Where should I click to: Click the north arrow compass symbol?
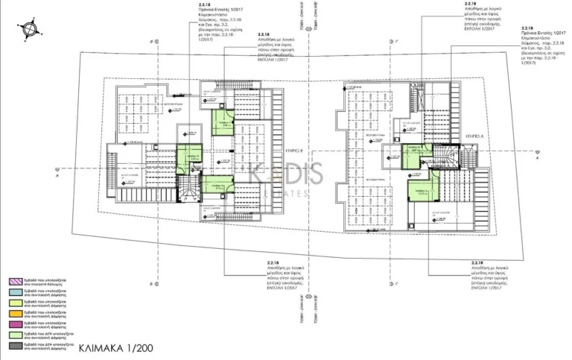coord(30,29)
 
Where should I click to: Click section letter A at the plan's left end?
coord(58,173)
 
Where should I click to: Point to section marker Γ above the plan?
coord(387,42)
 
